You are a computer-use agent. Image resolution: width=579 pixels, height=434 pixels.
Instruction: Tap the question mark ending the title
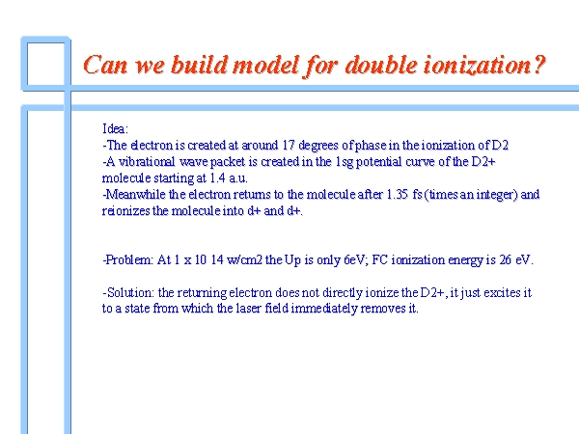[x=538, y=65]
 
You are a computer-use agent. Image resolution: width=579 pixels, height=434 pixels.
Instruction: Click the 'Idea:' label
[x=115, y=129]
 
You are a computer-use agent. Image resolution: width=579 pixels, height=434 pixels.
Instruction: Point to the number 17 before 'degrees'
[x=289, y=145]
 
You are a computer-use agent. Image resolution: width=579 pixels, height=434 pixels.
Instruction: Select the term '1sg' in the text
[x=345, y=162]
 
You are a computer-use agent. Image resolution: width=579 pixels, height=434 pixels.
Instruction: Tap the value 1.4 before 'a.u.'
[x=218, y=177]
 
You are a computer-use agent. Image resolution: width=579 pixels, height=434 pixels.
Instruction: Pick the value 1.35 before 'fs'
[x=398, y=194]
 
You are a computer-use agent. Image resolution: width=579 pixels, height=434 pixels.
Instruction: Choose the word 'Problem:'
[x=129, y=259]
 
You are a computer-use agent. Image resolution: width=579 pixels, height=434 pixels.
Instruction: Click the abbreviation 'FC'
[x=379, y=259]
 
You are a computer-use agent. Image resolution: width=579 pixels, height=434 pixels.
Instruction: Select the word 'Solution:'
[x=130, y=292]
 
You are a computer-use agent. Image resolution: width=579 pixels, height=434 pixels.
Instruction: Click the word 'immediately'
[x=324, y=309]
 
